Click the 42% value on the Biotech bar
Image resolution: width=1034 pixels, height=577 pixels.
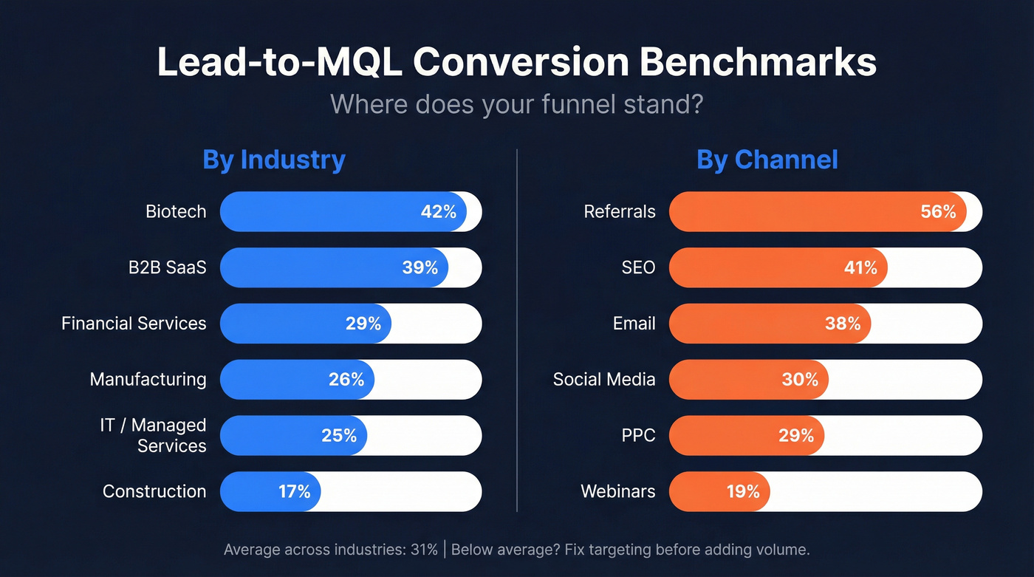click(439, 212)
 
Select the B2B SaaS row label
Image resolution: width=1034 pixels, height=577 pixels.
click(167, 267)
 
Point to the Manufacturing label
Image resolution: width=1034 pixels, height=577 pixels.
click(148, 380)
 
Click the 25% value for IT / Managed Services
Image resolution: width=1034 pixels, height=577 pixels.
click(339, 436)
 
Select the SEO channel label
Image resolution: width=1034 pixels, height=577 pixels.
click(638, 267)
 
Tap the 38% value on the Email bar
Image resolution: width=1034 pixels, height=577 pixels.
click(843, 324)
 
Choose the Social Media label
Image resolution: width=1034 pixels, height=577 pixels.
click(604, 380)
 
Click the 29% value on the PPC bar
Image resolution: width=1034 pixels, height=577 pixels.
click(796, 436)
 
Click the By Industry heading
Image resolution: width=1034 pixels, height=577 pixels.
click(274, 160)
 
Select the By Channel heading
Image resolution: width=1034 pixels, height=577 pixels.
click(767, 160)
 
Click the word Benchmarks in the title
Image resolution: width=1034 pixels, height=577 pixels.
click(758, 63)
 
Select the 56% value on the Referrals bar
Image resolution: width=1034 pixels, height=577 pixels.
click(938, 212)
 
